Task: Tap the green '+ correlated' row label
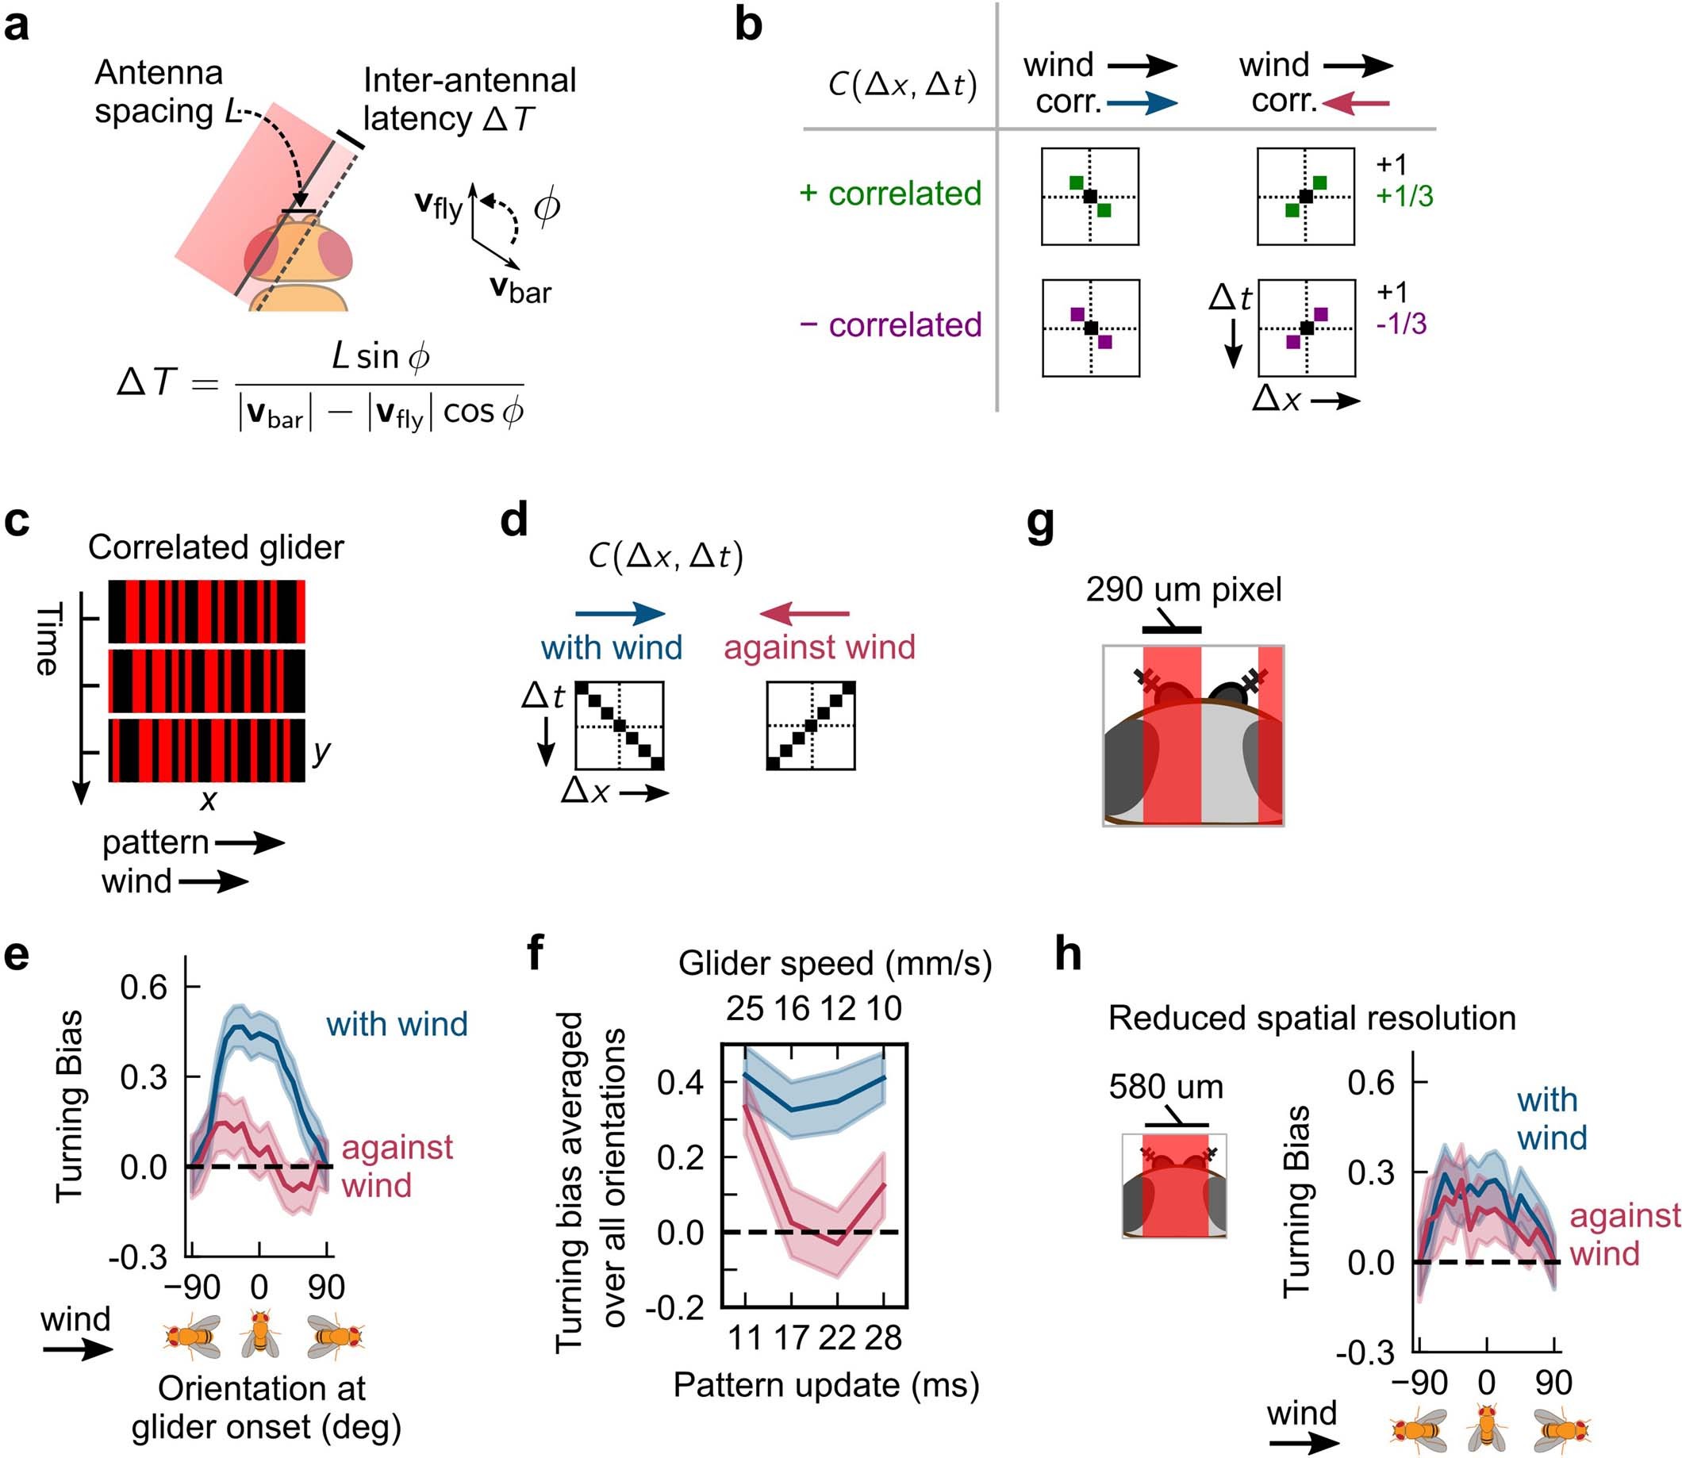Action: click(890, 194)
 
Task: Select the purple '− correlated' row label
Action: click(890, 324)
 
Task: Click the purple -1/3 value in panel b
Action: click(1401, 324)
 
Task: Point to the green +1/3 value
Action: click(1404, 196)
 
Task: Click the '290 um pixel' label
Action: click(1183, 590)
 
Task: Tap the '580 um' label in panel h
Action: click(1165, 1087)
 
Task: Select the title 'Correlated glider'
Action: click(216, 547)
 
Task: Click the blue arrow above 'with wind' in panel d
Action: click(620, 613)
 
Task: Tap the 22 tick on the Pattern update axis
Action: click(836, 1337)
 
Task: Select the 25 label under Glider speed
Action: click(744, 1009)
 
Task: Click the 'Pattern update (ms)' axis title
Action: click(826, 1385)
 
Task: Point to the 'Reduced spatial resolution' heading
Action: click(1311, 1019)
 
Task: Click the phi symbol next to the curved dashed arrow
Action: click(546, 209)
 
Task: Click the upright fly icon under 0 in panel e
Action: click(259, 1334)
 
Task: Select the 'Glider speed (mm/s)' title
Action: click(835, 963)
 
